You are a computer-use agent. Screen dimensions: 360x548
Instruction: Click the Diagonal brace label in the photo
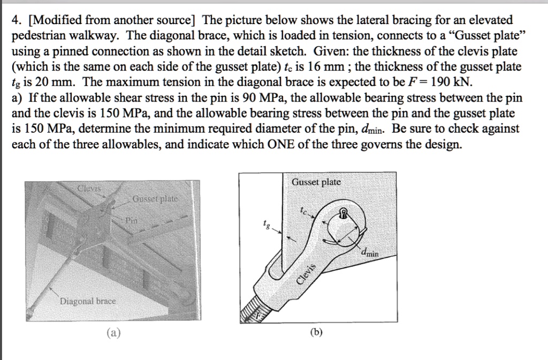pyautogui.click(x=88, y=301)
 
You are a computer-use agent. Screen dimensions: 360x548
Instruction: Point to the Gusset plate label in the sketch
pyautogui.click(x=316, y=182)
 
